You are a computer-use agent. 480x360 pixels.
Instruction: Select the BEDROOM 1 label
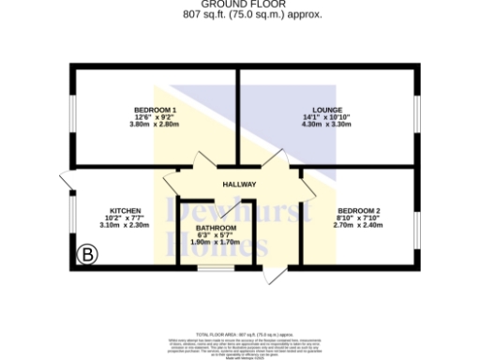click(155, 110)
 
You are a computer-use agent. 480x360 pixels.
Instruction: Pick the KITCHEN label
click(125, 211)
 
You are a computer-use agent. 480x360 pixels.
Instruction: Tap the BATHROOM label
click(215, 228)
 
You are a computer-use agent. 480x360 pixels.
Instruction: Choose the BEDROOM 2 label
click(359, 211)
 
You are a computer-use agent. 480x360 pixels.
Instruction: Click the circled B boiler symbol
click(87, 252)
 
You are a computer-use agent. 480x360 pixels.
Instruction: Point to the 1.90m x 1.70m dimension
click(215, 242)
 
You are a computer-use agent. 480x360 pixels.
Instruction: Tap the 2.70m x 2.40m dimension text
click(359, 225)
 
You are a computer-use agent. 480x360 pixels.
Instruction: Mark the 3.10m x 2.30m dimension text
click(125, 225)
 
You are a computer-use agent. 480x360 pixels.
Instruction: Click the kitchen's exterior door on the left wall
click(65, 180)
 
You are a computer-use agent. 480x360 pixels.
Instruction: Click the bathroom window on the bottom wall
click(215, 271)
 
